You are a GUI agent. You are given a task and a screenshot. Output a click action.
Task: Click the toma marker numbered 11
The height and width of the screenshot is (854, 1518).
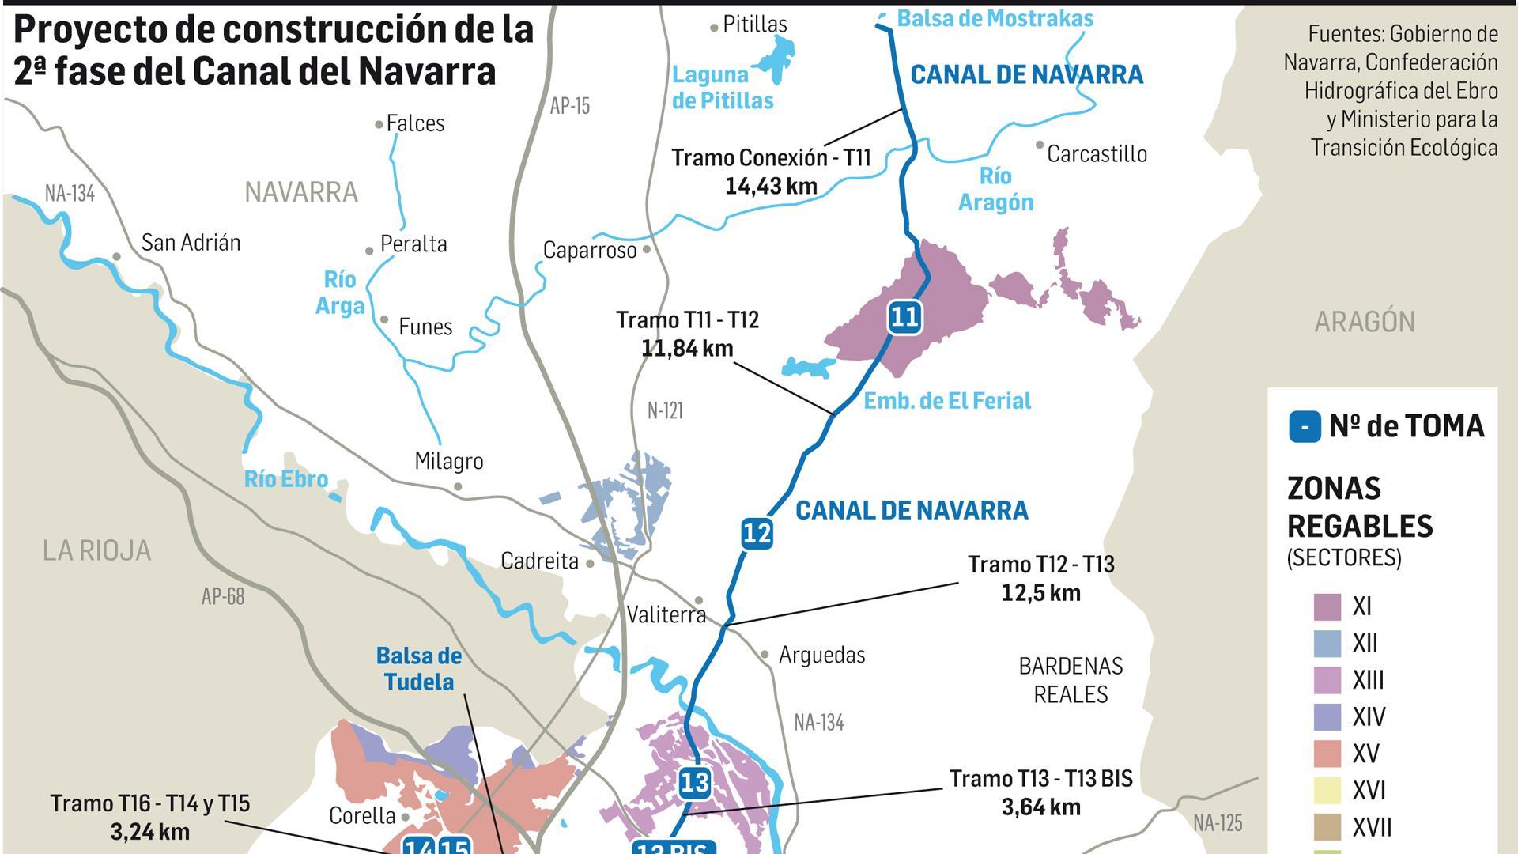point(904,316)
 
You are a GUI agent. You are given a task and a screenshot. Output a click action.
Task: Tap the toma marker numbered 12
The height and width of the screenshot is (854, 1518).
point(757,534)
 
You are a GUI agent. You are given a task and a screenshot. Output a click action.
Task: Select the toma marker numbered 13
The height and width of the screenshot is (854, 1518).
point(695,783)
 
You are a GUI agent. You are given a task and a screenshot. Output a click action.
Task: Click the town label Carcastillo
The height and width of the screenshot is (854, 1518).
point(1096,153)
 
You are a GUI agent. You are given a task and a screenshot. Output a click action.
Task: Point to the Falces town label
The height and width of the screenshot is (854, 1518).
point(415,123)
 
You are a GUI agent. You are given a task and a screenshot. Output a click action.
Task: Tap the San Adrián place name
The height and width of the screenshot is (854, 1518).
point(191,242)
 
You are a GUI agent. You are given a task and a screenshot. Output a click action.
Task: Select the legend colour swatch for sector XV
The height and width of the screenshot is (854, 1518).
point(1327,754)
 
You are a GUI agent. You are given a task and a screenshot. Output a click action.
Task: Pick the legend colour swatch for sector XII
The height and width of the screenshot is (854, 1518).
point(1327,644)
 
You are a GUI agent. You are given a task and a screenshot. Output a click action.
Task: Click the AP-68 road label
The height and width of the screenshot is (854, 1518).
point(223,596)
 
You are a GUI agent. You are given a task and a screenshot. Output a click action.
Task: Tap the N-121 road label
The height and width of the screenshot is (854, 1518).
point(664,410)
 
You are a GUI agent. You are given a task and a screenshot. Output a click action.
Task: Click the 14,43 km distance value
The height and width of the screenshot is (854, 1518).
point(770,187)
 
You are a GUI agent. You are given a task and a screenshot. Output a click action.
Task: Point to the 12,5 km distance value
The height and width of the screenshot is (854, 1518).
point(1040,593)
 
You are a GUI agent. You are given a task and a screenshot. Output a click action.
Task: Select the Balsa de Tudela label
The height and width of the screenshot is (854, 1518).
point(418,669)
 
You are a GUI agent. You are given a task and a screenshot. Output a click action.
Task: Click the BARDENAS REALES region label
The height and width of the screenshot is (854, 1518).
point(1071,680)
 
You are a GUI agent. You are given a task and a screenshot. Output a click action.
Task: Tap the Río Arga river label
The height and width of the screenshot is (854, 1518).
point(340,293)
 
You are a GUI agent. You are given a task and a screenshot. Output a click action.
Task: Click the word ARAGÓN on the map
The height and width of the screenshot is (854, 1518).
point(1365,321)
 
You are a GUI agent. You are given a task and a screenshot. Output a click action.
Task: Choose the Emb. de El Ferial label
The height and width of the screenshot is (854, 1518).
point(946,401)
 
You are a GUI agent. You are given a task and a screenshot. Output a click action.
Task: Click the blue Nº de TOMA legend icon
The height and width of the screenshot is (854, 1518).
point(1305,427)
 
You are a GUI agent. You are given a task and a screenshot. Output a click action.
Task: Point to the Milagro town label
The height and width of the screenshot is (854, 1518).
point(448,461)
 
